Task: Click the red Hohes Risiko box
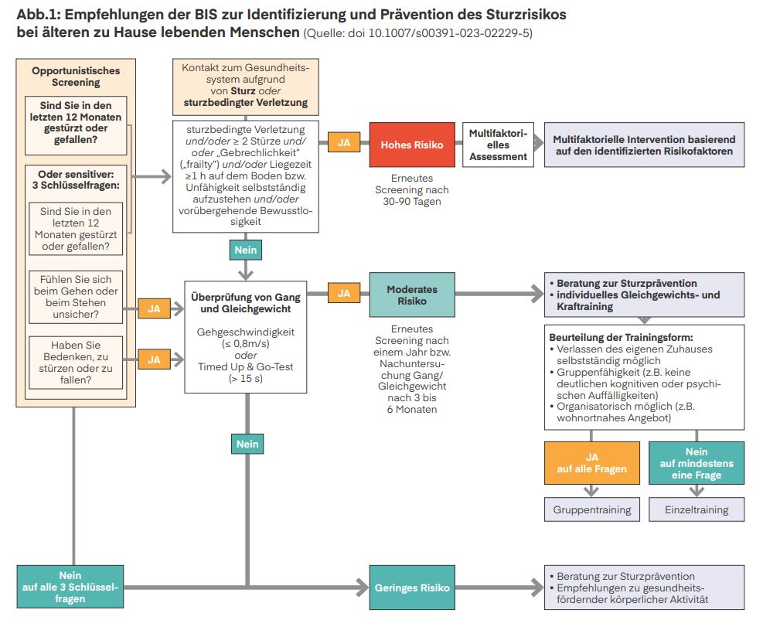pyautogui.click(x=412, y=145)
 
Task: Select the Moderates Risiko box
pyautogui.click(x=412, y=295)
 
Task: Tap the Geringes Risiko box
pyautogui.click(x=412, y=588)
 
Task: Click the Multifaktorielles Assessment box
pyautogui.click(x=498, y=145)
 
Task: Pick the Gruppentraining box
pyautogui.click(x=591, y=509)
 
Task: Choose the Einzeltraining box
pyautogui.click(x=697, y=509)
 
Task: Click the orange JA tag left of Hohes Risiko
pyautogui.click(x=344, y=142)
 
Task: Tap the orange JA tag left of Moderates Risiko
pyautogui.click(x=344, y=293)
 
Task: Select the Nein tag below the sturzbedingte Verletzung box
pyautogui.click(x=246, y=250)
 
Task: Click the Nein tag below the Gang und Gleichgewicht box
pyautogui.click(x=247, y=444)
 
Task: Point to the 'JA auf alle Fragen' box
pyautogui.click(x=591, y=463)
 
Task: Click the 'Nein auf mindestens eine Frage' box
pyautogui.click(x=697, y=463)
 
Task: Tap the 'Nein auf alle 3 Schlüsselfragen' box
pyautogui.click(x=70, y=587)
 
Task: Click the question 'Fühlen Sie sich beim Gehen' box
pyautogui.click(x=76, y=297)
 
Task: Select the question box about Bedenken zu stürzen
pyautogui.click(x=76, y=363)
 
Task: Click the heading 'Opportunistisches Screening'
pyautogui.click(x=76, y=77)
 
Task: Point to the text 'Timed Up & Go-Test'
pyautogui.click(x=246, y=367)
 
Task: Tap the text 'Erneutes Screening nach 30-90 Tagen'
pyautogui.click(x=412, y=190)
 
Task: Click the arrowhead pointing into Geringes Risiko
pyautogui.click(x=363, y=588)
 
